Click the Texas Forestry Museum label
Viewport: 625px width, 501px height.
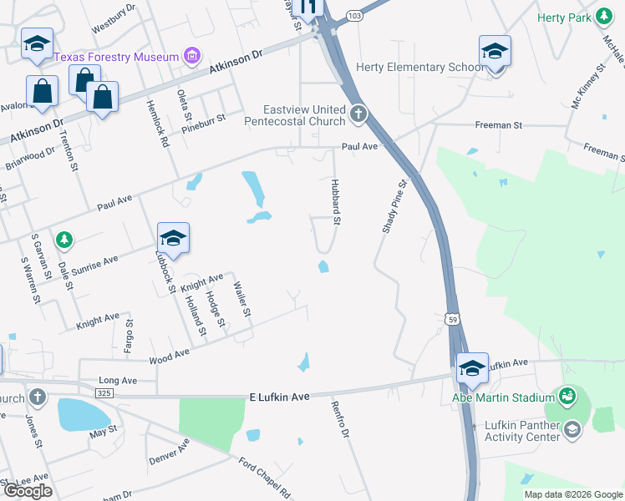coord(117,57)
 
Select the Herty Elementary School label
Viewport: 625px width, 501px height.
coord(414,67)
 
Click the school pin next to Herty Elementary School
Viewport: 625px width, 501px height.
coord(495,52)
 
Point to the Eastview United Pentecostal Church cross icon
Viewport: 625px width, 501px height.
coord(358,114)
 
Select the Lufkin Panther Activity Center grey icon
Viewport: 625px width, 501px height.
coord(572,430)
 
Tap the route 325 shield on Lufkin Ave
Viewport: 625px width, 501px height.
coord(104,392)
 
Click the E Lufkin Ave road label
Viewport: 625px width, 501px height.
coord(280,397)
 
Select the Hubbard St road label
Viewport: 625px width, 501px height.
coord(336,202)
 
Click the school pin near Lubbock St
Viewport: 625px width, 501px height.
coord(173,238)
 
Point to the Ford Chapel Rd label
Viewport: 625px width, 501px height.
coord(264,478)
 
